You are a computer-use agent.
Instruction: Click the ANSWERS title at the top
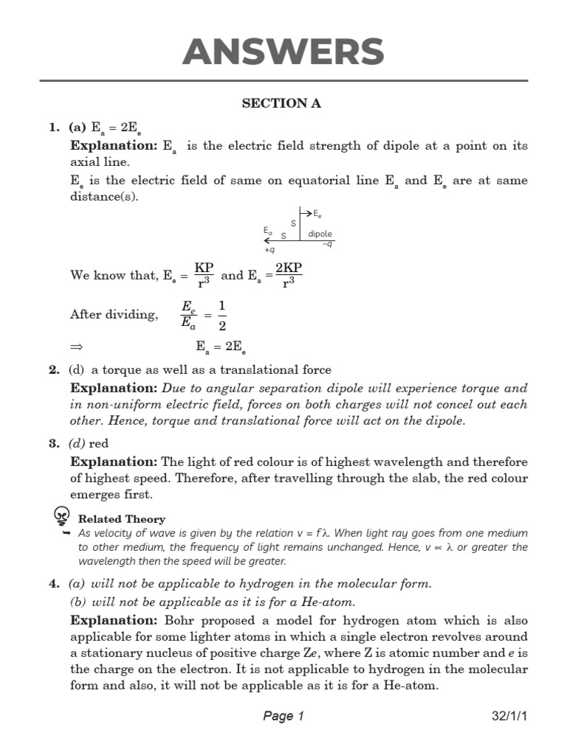283,52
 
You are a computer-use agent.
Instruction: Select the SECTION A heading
281,103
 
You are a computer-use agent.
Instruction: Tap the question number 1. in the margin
54,128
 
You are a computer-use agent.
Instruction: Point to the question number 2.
54,369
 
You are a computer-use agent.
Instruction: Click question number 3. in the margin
54,443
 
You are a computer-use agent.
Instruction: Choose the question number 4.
54,583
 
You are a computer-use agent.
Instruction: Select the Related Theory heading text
121,519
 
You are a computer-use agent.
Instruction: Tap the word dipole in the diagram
320,234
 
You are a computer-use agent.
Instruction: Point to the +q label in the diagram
269,250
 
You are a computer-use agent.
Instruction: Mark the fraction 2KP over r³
288,275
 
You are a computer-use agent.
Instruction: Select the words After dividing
114,315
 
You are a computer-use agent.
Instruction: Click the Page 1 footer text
283,716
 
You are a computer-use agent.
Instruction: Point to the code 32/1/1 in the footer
509,716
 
